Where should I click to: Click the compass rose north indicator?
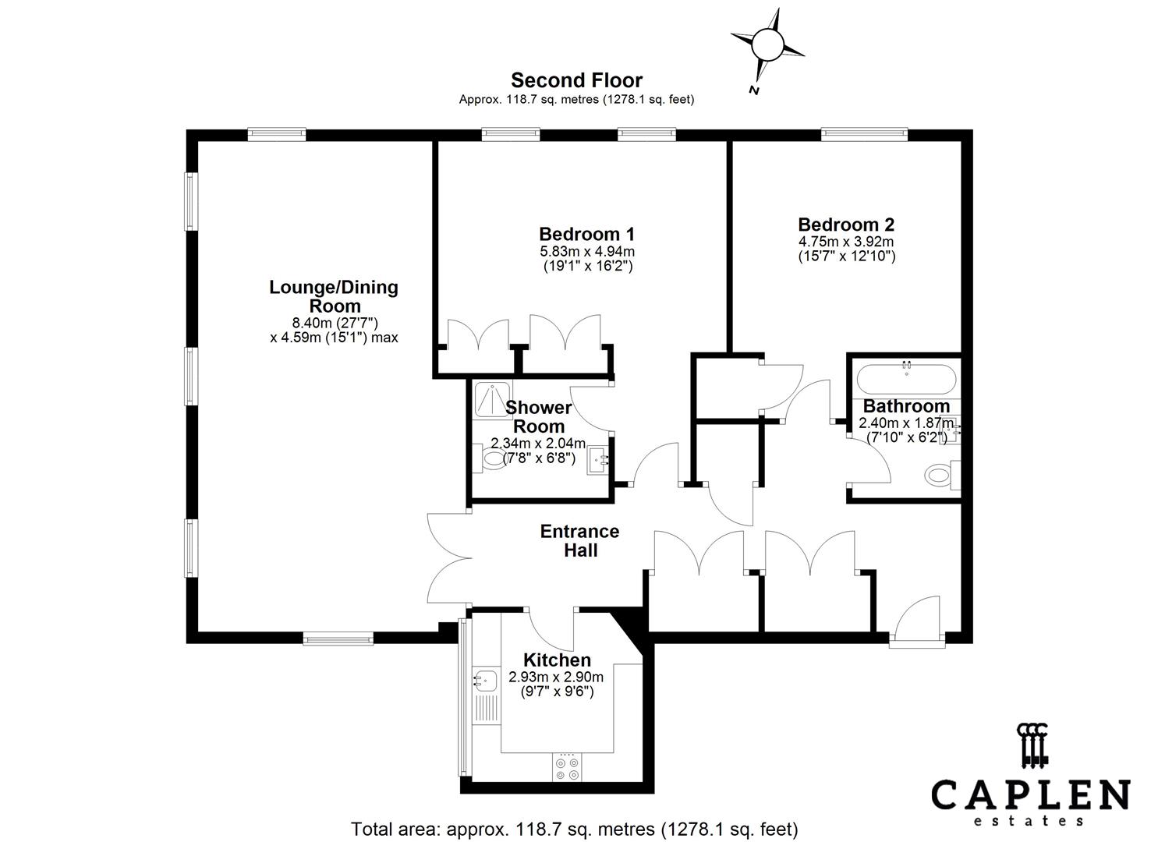coord(767,45)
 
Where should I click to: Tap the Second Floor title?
coord(576,80)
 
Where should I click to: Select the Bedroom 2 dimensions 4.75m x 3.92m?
coord(846,241)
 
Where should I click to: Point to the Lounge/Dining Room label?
coord(334,296)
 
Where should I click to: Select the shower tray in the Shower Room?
coord(494,398)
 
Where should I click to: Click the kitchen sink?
coord(485,681)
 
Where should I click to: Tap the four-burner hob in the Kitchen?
coord(567,767)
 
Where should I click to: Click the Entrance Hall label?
coord(579,540)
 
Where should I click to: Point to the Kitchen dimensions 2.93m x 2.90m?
coord(556,677)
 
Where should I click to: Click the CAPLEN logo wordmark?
coord(1030,795)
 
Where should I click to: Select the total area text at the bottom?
coord(575,829)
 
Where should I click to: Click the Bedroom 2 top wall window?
coord(864,135)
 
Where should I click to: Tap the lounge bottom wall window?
coord(338,639)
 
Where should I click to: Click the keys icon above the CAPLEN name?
coord(1031,745)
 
